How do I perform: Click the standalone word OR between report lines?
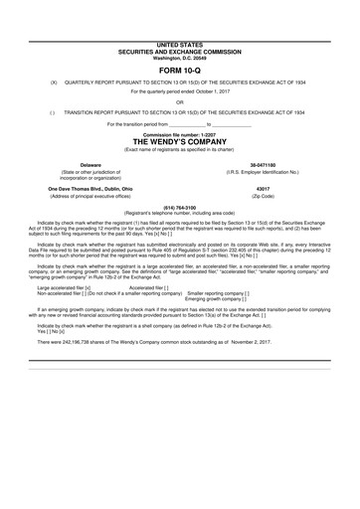coord(179,102)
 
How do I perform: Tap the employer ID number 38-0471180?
coord(263,164)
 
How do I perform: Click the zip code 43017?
coord(263,186)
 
